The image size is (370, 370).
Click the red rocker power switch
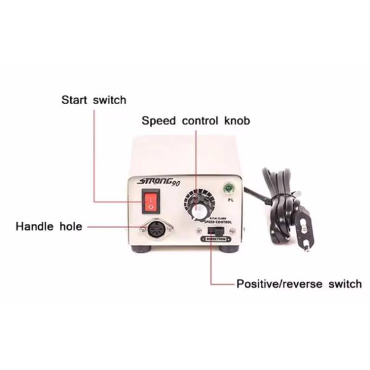(x=151, y=201)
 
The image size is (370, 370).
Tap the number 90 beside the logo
(x=176, y=183)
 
